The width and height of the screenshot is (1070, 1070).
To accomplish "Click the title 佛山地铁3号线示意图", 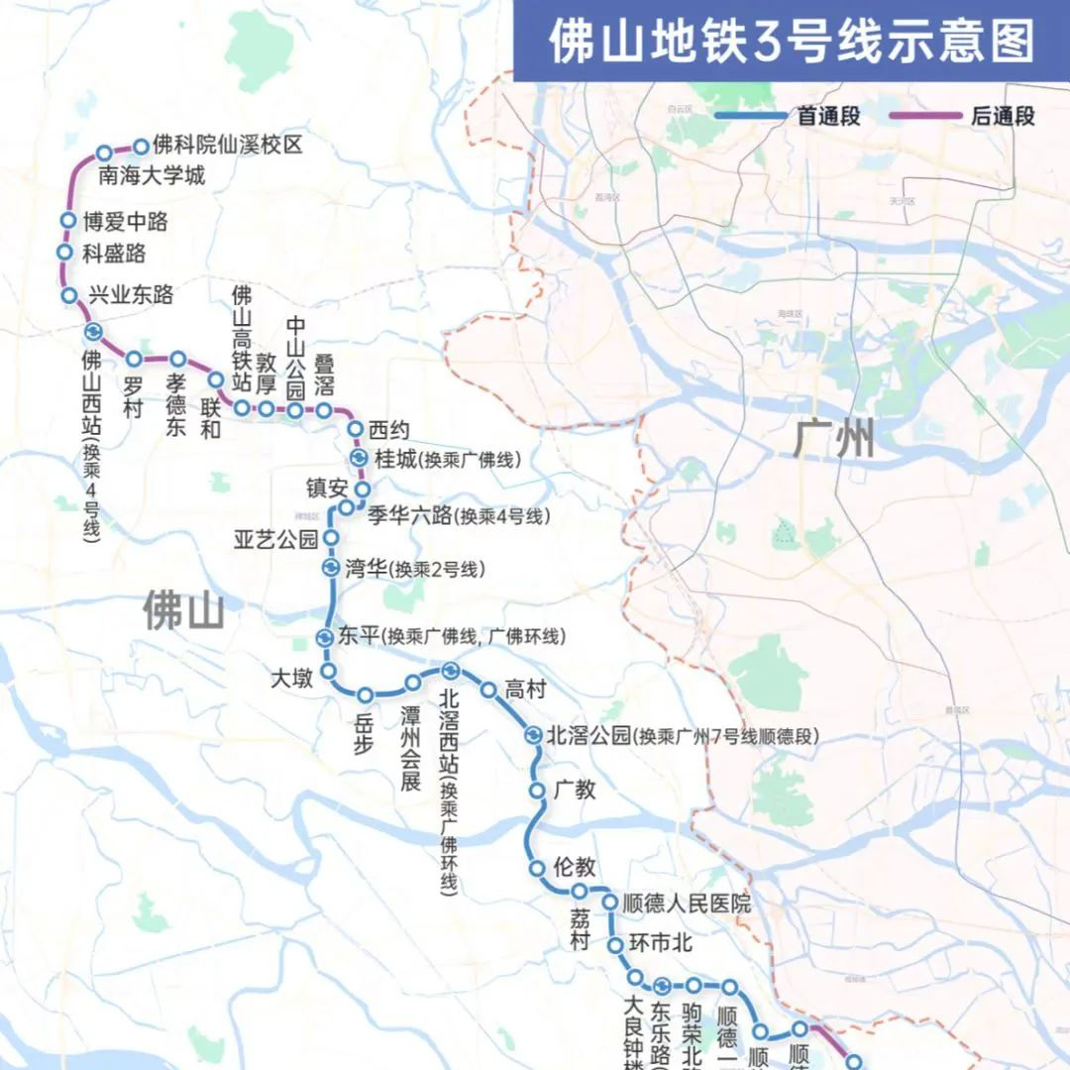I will [792, 41].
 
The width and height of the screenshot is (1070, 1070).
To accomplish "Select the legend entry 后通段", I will [1003, 116].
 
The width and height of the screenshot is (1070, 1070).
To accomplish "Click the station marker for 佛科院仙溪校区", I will [141, 147].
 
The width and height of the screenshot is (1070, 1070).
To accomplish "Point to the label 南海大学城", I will [152, 176].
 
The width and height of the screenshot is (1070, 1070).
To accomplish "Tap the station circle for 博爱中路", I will [68, 221].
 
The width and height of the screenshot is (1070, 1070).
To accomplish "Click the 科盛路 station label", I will [114, 254].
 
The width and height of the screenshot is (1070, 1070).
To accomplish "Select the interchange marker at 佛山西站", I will [92, 332].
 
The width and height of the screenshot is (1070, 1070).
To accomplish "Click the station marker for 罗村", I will [134, 359].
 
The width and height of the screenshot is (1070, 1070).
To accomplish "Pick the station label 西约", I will [388, 430].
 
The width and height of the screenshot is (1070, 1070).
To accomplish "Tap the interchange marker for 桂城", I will [360, 458].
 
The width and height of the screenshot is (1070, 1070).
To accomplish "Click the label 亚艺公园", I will [276, 540].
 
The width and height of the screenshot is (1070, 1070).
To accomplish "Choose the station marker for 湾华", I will [330, 568].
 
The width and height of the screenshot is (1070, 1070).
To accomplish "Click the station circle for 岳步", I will [366, 695].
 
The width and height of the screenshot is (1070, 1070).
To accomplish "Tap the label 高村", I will [525, 690].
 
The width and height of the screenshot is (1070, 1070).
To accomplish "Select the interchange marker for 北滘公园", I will [534, 735].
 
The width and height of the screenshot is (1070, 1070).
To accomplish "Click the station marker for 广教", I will [537, 791].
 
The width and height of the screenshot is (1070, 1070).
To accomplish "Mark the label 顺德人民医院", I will [687, 904].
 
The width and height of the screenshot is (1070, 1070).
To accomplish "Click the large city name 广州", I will [834, 438].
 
